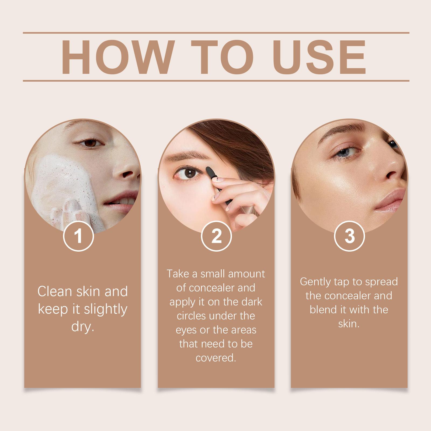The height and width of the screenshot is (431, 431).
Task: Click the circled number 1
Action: tap(78, 236)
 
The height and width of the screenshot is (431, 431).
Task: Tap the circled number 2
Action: tap(216, 236)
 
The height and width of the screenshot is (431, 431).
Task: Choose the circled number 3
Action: tap(349, 236)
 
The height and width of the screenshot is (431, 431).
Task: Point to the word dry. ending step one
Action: tap(82, 326)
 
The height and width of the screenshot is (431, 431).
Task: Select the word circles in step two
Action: tap(192, 316)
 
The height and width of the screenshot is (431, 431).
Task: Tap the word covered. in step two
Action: tap(216, 358)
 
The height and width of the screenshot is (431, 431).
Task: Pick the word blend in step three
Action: tap(324, 310)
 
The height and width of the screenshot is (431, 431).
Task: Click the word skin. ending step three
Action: tap(349, 324)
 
